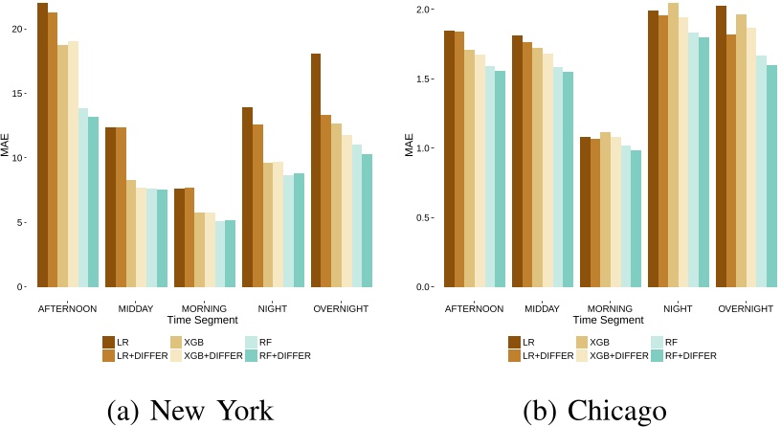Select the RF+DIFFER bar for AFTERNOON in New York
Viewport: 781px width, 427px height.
pos(93,202)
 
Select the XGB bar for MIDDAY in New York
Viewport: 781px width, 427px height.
pos(130,234)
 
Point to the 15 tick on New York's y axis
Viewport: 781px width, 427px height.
pos(28,94)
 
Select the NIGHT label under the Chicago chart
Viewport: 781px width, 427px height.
pos(678,308)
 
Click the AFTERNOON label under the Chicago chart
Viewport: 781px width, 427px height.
pos(473,308)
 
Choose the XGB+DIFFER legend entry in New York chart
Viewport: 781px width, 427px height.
pos(206,355)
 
